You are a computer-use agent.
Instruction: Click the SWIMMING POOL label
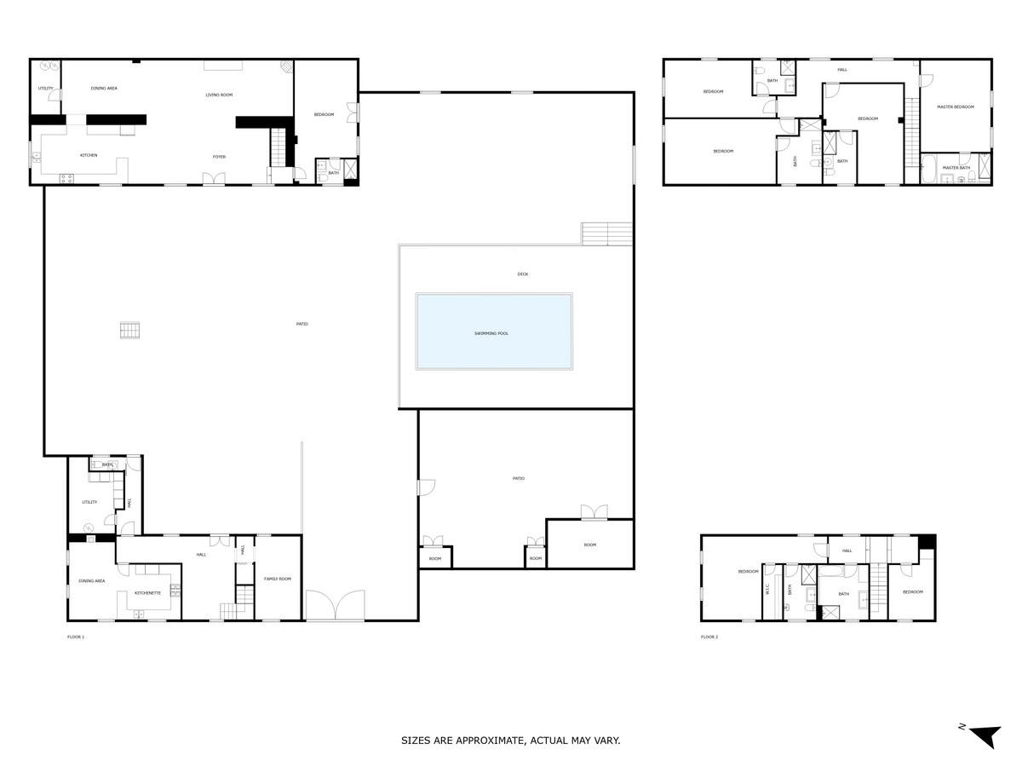coord(491,333)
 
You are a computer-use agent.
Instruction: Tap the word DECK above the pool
coord(522,274)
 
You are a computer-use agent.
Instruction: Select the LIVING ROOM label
coord(219,95)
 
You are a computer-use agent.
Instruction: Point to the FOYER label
coord(219,157)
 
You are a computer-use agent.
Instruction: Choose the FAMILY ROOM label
coord(278,579)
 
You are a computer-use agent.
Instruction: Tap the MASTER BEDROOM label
coord(955,107)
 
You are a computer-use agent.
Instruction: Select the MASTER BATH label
coord(956,168)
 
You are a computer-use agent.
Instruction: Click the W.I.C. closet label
coord(768,589)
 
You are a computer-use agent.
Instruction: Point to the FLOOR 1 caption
coord(76,637)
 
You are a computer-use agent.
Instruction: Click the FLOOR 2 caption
coord(709,637)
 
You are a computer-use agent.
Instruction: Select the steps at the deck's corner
coord(607,234)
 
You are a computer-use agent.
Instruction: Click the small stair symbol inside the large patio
coord(129,331)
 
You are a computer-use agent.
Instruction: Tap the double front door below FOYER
coord(214,178)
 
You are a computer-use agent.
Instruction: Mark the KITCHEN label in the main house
coord(89,155)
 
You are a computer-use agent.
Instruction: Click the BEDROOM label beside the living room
coord(324,115)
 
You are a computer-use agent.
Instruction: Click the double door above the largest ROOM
coord(594,512)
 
